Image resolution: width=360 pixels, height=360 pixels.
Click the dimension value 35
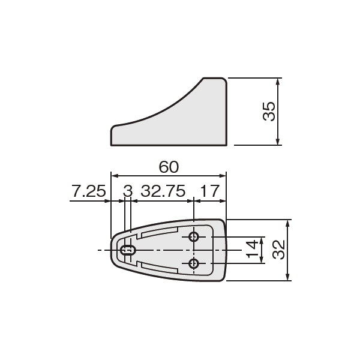pos(269,112)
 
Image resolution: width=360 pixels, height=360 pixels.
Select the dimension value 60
pos(169,167)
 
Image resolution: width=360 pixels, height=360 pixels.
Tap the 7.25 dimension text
pos(89,191)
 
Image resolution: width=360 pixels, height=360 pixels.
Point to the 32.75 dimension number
pos(163,191)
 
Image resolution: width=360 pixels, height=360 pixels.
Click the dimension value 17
pos(210,191)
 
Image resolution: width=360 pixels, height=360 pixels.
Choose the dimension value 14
pos(252,250)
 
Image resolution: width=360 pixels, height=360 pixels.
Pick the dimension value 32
pos(278,250)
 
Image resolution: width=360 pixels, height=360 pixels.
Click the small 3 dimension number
pos(128,191)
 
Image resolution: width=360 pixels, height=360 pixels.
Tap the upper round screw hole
pos(194,237)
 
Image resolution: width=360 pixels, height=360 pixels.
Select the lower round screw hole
pos(194,263)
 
